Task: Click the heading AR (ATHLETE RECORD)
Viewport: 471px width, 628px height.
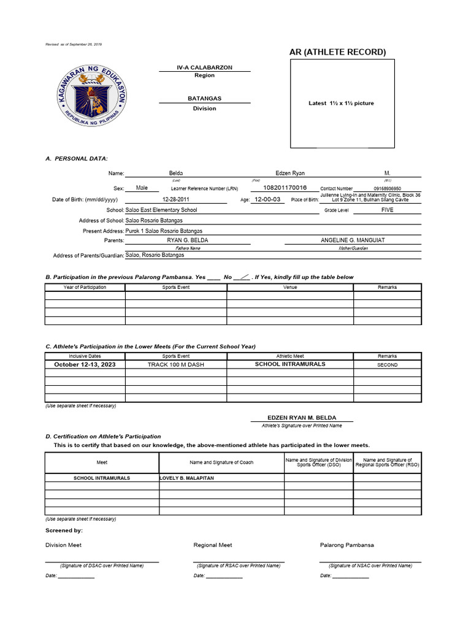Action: click(x=337, y=52)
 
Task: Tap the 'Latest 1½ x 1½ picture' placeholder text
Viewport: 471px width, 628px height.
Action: click(x=340, y=103)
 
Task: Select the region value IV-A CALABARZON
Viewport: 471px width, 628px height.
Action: click(x=204, y=67)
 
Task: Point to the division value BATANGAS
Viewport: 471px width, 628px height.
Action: click(x=204, y=98)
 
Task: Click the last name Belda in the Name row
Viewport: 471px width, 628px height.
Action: click(x=176, y=174)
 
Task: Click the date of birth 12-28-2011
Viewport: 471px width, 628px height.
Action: click(x=176, y=199)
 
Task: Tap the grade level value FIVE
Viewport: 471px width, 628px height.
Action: click(x=387, y=210)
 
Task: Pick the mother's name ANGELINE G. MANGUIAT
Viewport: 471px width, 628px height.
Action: click(x=353, y=240)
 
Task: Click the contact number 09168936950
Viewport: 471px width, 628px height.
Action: click(x=387, y=189)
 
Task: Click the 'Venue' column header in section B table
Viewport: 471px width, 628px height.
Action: click(x=290, y=287)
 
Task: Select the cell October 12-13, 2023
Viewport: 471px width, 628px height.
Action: click(x=85, y=364)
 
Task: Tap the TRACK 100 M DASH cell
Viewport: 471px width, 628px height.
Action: click(x=175, y=364)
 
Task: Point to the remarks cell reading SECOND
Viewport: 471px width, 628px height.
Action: click(x=387, y=364)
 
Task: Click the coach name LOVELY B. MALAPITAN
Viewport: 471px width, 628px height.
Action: click(x=186, y=478)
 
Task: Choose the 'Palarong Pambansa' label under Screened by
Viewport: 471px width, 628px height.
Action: click(x=347, y=545)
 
